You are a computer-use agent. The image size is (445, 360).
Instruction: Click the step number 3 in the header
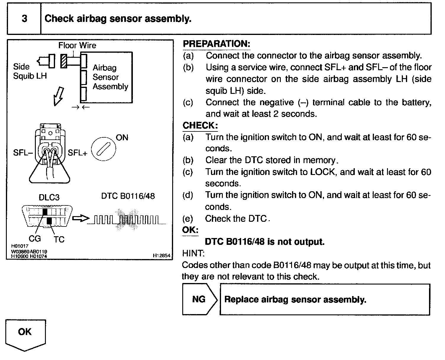point(24,19)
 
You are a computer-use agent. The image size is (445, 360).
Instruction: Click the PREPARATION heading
point(216,44)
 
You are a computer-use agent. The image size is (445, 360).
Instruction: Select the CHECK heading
point(200,125)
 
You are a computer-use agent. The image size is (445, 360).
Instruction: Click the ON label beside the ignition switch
point(122,138)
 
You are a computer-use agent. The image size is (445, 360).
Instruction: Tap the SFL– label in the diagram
point(22,153)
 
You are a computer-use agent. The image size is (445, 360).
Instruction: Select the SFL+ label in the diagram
point(78,153)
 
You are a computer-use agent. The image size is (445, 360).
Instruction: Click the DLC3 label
point(49,197)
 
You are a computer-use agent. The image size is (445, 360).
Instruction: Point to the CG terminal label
point(35,239)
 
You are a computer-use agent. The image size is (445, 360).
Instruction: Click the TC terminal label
point(59,239)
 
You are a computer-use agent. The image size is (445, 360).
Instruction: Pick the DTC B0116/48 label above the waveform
point(128,196)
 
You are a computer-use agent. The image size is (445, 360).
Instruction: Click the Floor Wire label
point(77,45)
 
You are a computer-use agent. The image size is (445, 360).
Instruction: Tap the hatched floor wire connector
point(64,61)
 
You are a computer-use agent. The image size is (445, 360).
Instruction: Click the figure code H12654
point(162,255)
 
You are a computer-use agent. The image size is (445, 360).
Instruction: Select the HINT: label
point(193,253)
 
